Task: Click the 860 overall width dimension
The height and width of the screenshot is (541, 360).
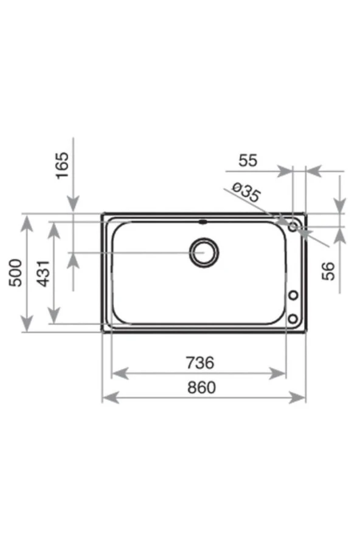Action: click(201, 387)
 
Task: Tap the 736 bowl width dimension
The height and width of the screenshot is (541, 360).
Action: click(200, 362)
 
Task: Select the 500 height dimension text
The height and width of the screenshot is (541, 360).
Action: click(16, 273)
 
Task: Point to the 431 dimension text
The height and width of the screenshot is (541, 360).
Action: click(44, 273)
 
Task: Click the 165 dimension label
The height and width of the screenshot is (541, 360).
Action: click(63, 166)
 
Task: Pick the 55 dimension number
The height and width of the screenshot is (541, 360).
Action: click(248, 161)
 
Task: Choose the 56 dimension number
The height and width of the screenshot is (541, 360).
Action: click(328, 271)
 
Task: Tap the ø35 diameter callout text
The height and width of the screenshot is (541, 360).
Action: click(246, 192)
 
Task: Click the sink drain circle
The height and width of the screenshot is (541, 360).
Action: click(204, 253)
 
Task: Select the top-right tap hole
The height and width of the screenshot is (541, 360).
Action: click(293, 227)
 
